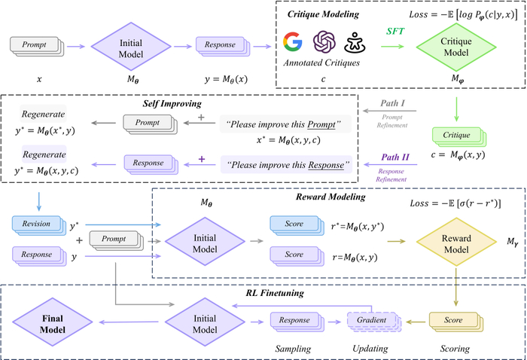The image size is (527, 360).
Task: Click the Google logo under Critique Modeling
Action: coord(291,42)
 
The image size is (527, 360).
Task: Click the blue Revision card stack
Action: coord(36,225)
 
